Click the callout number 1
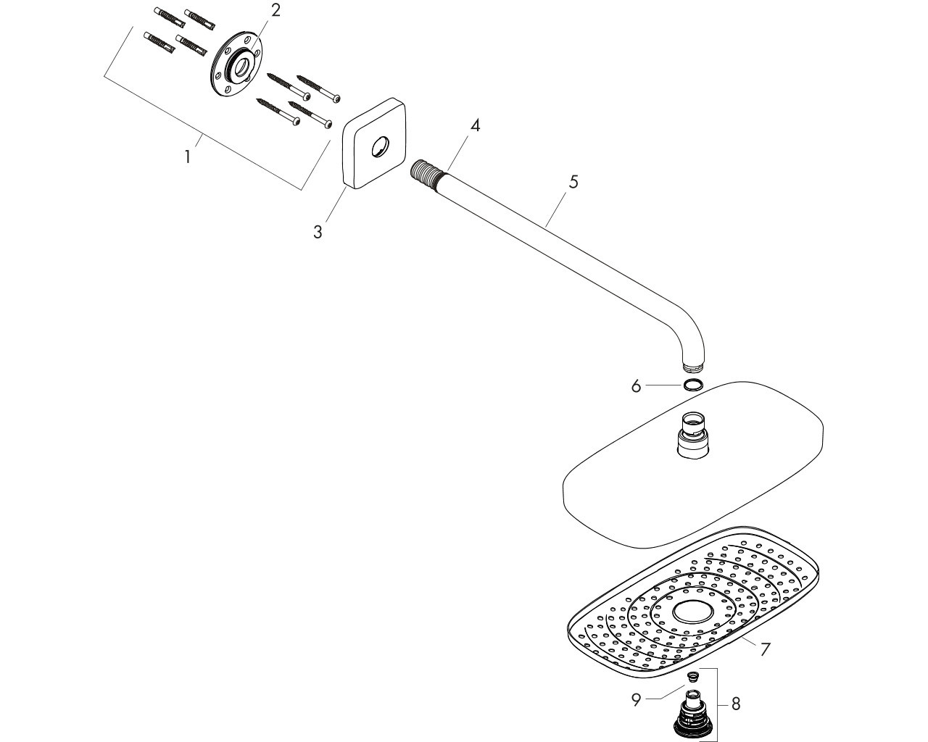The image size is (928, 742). click(188, 157)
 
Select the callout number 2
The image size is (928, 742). click(275, 10)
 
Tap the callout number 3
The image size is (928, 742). click(318, 232)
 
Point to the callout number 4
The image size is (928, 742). click(475, 125)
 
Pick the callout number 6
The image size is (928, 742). click(636, 386)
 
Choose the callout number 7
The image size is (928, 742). click(765, 649)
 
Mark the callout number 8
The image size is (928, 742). click(736, 704)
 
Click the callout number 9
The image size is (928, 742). click(636, 700)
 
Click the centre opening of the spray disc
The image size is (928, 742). click(693, 612)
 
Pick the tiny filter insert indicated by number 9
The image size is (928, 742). click(692, 678)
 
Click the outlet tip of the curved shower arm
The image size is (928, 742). click(693, 367)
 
